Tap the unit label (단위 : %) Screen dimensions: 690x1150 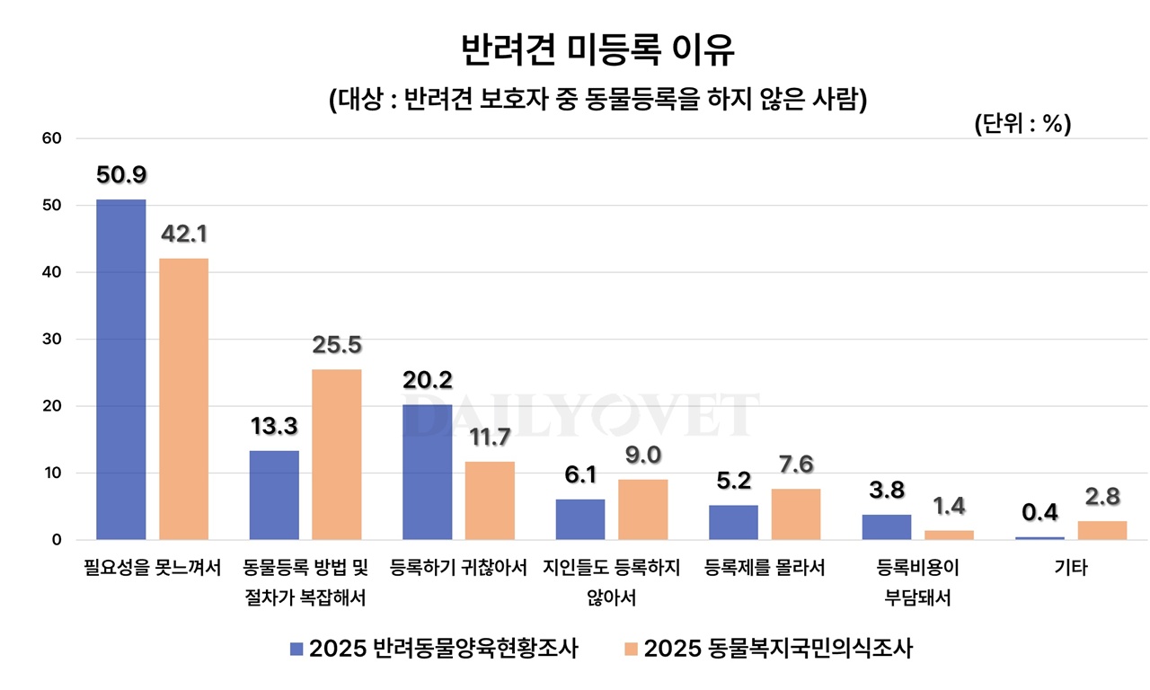coord(1022,126)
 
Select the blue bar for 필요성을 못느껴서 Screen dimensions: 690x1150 coord(121,369)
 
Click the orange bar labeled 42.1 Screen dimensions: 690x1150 coord(183,399)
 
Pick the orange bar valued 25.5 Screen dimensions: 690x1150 coord(337,455)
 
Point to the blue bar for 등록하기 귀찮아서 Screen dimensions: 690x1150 coord(428,472)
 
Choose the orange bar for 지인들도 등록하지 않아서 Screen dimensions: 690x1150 coord(643,509)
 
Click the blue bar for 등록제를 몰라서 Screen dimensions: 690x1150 coord(733,522)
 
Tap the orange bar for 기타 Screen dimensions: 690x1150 coord(1102,530)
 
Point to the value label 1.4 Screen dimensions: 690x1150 coord(949,507)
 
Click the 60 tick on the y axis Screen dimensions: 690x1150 coord(50,138)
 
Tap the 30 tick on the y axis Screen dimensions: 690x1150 coord(50,339)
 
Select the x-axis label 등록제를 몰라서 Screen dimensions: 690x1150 coord(765,569)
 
